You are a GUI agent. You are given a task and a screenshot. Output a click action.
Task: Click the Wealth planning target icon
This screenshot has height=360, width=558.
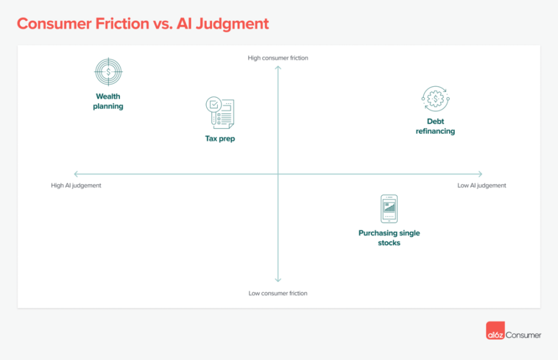[x=108, y=72]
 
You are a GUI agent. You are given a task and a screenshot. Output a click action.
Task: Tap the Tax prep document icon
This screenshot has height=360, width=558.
[x=220, y=113]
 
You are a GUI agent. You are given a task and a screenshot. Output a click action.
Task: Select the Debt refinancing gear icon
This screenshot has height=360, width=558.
[x=435, y=99]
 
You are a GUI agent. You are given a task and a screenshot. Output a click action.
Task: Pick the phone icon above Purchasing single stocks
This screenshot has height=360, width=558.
[x=389, y=208]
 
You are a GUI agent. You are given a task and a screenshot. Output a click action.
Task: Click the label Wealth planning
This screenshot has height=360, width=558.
[x=108, y=102]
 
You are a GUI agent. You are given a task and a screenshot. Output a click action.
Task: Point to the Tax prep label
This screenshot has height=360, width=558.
[x=220, y=138]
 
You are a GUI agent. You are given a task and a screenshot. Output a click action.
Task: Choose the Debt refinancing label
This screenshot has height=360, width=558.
[x=435, y=126]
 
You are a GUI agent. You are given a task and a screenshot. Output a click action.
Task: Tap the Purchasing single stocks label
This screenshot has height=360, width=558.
[x=389, y=238]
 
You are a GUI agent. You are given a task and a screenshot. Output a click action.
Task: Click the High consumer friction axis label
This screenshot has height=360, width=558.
[x=278, y=58]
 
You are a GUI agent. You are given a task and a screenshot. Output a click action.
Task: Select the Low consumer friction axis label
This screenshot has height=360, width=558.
[x=278, y=293]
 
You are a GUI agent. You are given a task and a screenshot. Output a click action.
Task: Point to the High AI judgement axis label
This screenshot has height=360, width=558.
[x=76, y=185]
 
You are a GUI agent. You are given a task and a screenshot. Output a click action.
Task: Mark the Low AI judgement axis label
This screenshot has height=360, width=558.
[x=482, y=185]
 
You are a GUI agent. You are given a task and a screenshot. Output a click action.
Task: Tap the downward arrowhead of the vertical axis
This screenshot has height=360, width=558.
[x=278, y=280]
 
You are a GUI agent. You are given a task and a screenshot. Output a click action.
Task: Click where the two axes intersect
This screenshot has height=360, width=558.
[x=278, y=174]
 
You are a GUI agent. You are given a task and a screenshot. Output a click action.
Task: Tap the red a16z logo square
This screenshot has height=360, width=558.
[x=495, y=334]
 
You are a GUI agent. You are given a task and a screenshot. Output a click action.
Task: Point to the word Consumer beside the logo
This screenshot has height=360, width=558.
[x=523, y=335]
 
